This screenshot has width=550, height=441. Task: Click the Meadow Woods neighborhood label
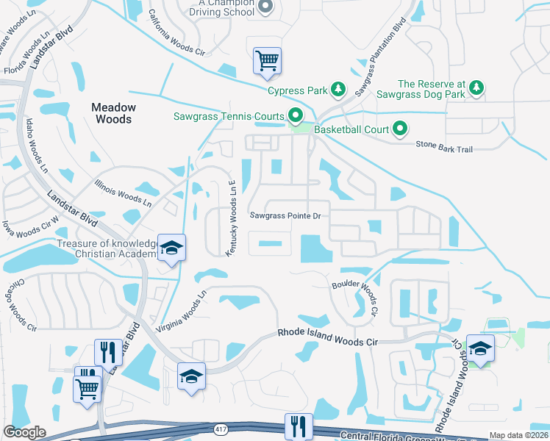(113, 113)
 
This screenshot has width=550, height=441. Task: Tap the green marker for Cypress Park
(337, 90)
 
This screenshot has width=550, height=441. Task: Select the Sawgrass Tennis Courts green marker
(296, 116)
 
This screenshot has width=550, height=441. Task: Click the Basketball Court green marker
(400, 129)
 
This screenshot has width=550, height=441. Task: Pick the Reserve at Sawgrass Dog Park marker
(476, 88)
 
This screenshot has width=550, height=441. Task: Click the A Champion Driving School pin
(267, 7)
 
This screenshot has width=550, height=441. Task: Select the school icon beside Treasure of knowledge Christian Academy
(171, 248)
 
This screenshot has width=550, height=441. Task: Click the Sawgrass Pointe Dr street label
(286, 216)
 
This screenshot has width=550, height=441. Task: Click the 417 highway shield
(221, 426)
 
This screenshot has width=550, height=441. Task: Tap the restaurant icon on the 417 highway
(299, 426)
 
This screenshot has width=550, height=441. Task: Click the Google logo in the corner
(25, 432)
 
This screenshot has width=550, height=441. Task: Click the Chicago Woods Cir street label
(21, 303)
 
